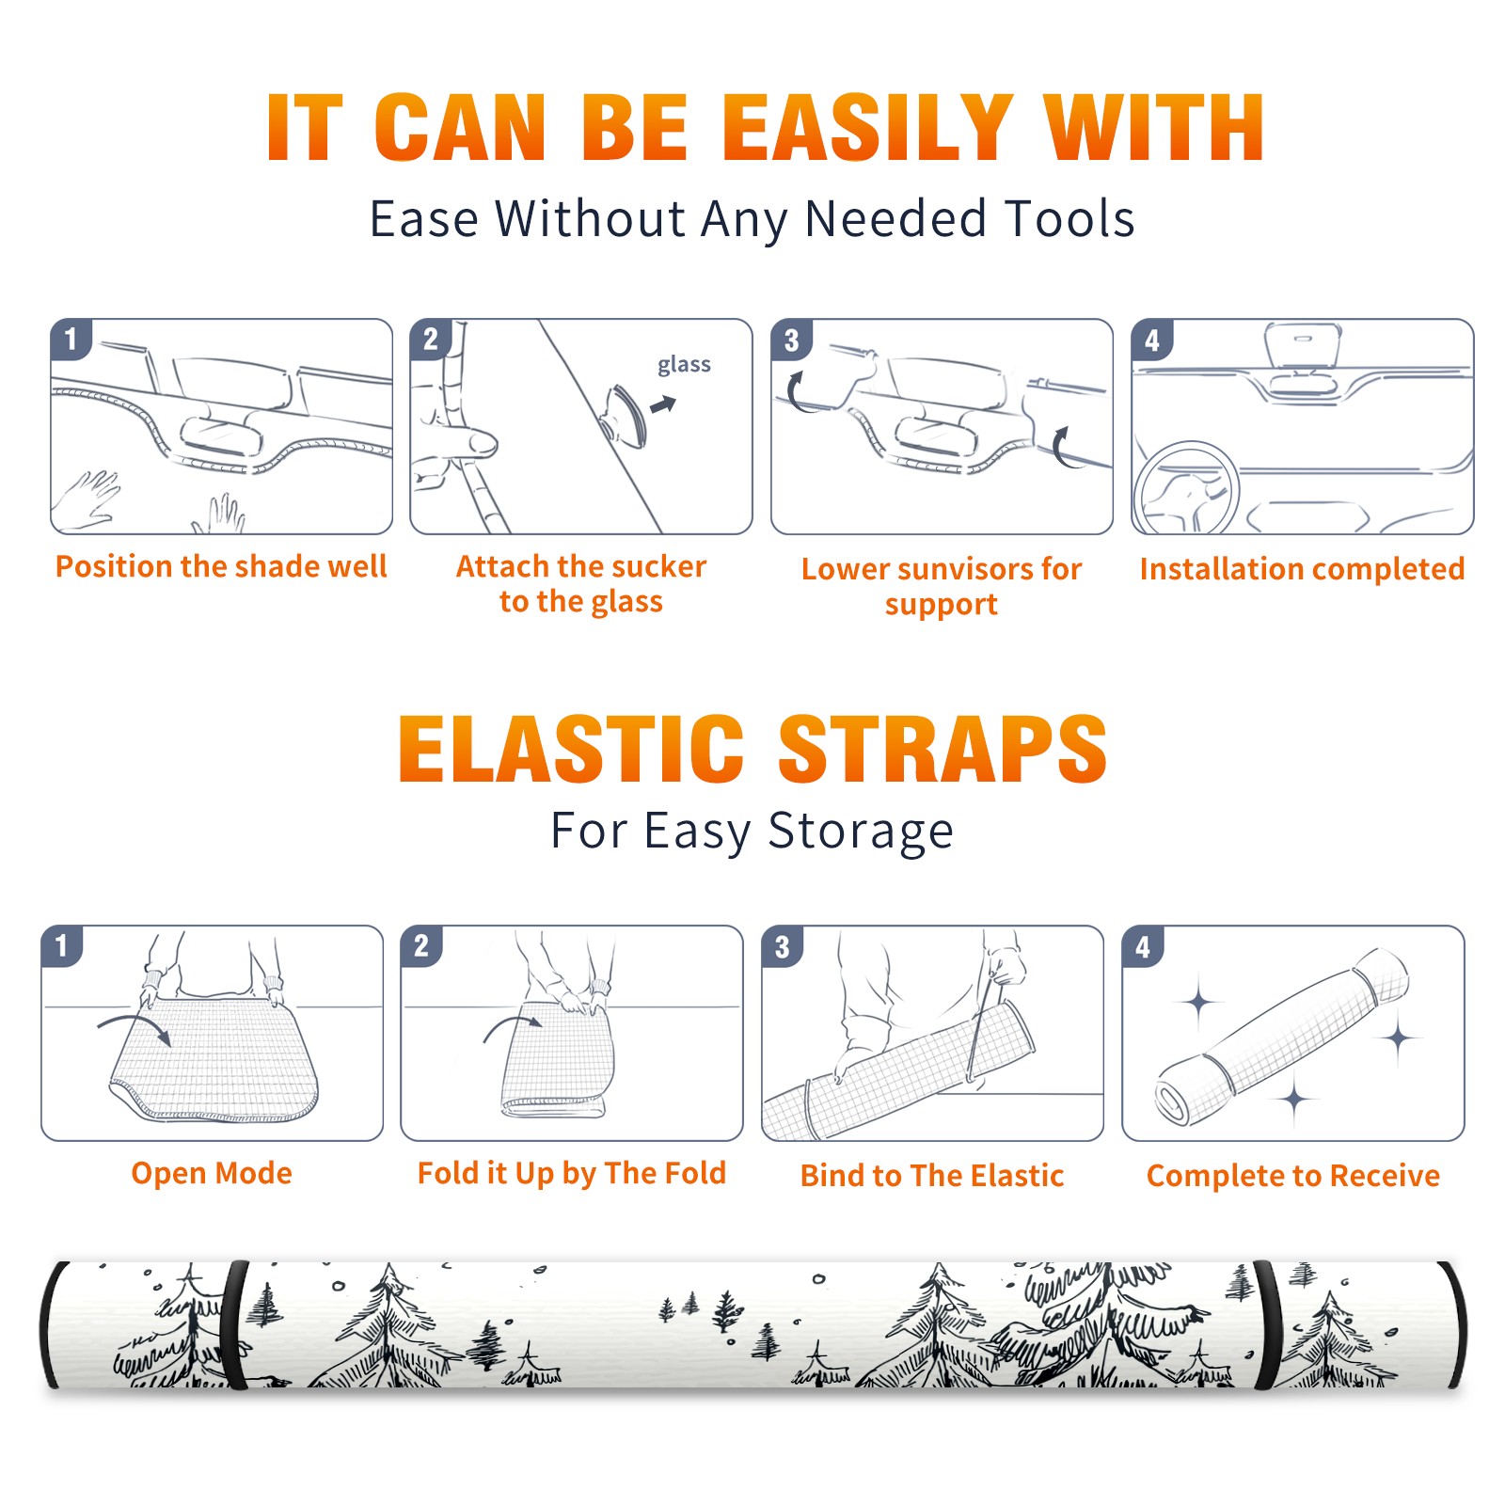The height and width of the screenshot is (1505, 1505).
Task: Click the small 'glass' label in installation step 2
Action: pyautogui.click(x=684, y=365)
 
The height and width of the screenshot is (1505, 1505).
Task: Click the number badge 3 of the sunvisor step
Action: pyautogui.click(x=791, y=340)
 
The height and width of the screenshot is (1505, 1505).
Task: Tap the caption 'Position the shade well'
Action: pyautogui.click(x=221, y=566)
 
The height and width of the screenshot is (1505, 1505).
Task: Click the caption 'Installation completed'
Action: pyautogui.click(x=1302, y=568)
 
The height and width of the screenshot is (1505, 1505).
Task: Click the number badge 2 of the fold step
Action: pyautogui.click(x=421, y=945)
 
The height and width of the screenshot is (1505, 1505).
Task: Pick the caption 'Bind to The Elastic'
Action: pyautogui.click(x=931, y=1175)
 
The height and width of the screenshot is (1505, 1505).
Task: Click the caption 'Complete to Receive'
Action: pyautogui.click(x=1292, y=1175)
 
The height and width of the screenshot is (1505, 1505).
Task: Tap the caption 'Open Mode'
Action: pyautogui.click(x=212, y=1173)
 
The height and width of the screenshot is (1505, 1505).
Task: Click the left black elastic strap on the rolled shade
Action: pyautogui.click(x=235, y=1324)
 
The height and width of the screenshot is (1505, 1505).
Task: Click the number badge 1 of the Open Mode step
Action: pyautogui.click(x=61, y=945)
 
